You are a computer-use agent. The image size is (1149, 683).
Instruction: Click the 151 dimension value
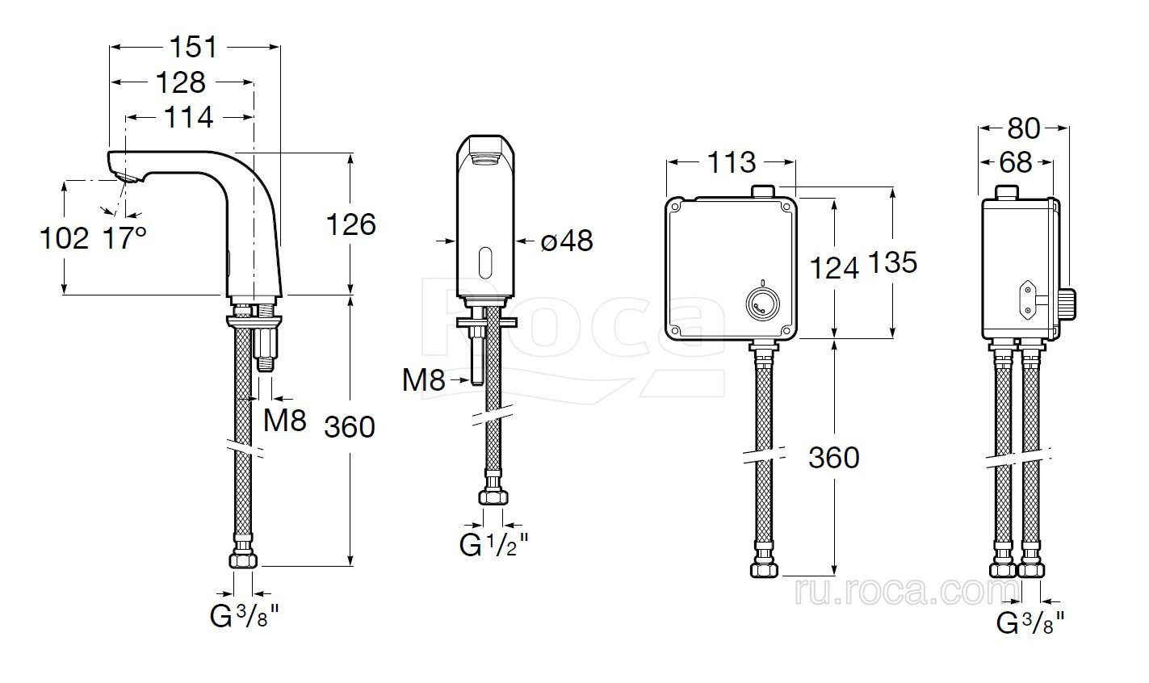[x=193, y=47]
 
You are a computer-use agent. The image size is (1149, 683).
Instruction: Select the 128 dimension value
[x=181, y=82]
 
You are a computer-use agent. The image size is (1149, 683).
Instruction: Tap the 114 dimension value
[x=188, y=117]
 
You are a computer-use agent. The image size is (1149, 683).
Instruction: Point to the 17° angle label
[x=124, y=238]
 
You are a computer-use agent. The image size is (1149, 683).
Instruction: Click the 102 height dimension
[x=64, y=238]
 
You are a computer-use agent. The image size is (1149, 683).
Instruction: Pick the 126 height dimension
[x=351, y=224]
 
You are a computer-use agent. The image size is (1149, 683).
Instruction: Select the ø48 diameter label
[x=567, y=241]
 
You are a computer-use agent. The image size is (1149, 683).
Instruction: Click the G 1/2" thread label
[x=493, y=545]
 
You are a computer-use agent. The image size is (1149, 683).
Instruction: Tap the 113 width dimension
[x=732, y=162]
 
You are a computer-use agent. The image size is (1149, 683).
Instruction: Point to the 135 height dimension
[x=893, y=262]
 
